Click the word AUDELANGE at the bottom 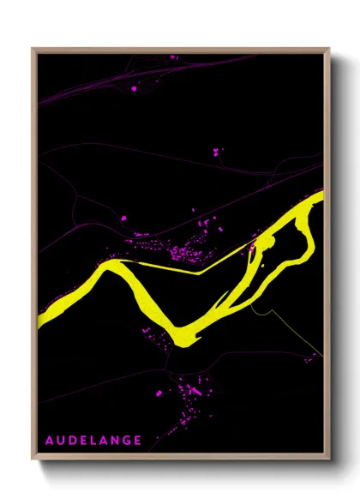tap(93, 441)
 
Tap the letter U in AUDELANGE tap(62, 441)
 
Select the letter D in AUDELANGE tap(74, 441)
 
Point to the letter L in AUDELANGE tap(95, 441)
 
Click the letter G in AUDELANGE tap(127, 441)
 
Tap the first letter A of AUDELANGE tap(50, 441)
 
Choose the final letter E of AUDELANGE tap(138, 441)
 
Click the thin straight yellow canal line tap(171, 269)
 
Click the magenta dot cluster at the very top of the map tap(172, 57)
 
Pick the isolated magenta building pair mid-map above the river tap(216, 153)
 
